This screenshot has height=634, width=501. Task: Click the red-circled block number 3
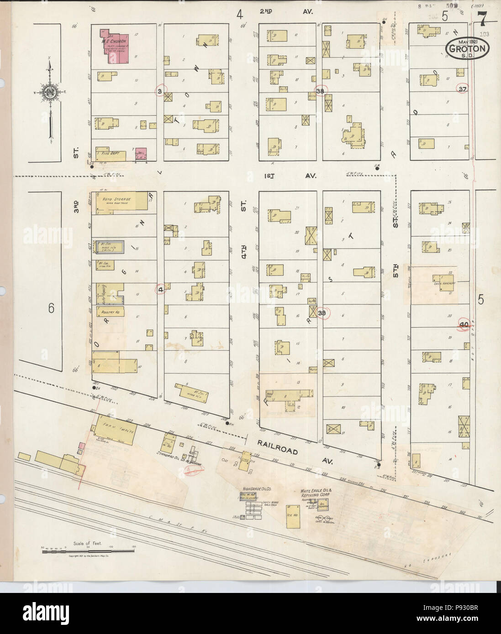click(159, 91)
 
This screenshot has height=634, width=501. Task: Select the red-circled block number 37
click(463, 88)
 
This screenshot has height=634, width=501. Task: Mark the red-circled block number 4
click(160, 289)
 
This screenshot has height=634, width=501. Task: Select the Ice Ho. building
click(293, 516)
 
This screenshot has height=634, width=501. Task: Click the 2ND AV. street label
click(286, 10)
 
